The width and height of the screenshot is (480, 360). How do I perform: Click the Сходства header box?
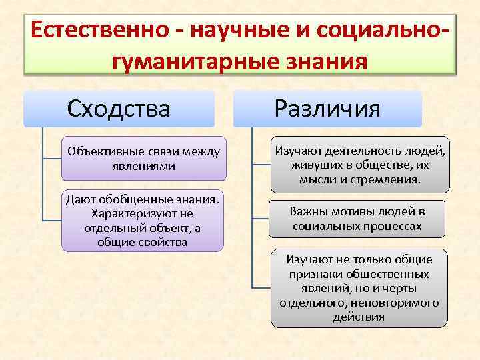point(119,108)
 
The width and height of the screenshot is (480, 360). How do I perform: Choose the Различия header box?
point(327,108)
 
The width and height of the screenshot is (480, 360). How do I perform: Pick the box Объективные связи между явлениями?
point(143,159)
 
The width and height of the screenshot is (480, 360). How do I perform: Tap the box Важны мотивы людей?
point(357,219)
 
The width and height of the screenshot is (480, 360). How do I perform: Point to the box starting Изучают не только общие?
point(359,287)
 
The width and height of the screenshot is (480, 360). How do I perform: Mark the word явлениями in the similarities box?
point(144,166)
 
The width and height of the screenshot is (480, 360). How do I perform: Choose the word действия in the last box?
point(359,317)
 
